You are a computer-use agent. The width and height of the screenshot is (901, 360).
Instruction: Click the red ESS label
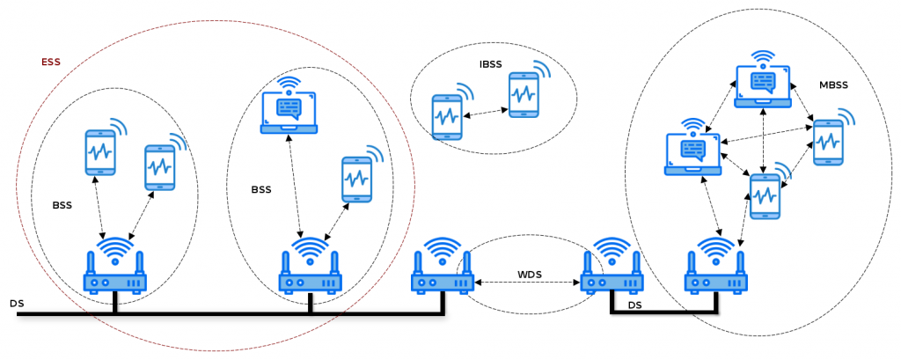pyautogui.click(x=51, y=63)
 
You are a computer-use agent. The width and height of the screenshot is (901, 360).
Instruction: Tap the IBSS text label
pyautogui.click(x=491, y=65)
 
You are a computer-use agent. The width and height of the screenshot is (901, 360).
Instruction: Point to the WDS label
pyautogui.click(x=530, y=274)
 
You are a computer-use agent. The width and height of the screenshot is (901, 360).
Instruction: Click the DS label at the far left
pyautogui.click(x=17, y=304)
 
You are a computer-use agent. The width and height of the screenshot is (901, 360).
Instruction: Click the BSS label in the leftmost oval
pyautogui.click(x=62, y=204)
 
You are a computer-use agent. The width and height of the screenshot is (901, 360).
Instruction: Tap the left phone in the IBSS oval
pyautogui.click(x=448, y=116)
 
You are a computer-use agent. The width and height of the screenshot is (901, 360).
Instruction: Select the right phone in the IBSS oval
pyautogui.click(x=524, y=93)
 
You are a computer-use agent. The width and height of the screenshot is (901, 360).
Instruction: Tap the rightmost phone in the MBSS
pyautogui.click(x=827, y=142)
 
